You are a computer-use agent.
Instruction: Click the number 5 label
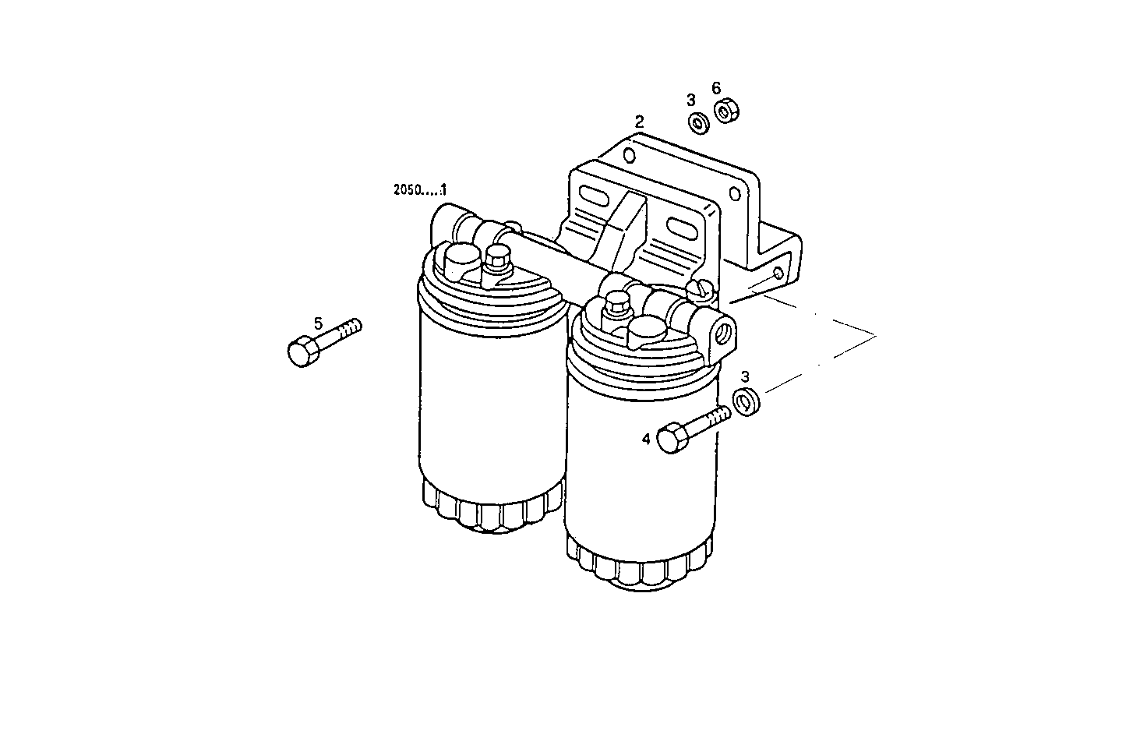point(318,323)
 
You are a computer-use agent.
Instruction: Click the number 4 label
point(646,440)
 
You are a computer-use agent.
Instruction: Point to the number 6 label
point(716,88)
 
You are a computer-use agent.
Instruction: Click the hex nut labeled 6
point(726,112)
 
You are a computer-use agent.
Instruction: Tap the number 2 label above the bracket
point(640,122)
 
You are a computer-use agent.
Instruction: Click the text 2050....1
point(421,189)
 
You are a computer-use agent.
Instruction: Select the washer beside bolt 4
point(747,403)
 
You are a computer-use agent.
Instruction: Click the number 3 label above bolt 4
point(745,377)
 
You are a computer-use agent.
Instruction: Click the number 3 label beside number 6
point(690,100)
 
